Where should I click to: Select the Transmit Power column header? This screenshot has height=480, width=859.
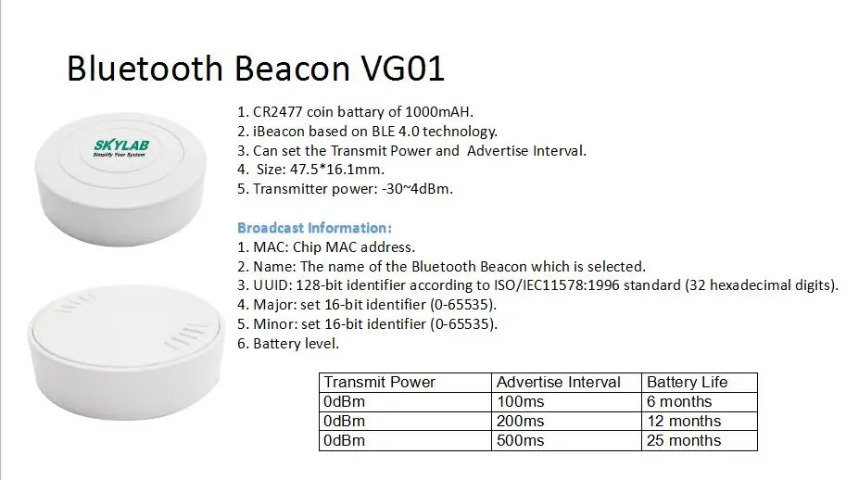pos(379,382)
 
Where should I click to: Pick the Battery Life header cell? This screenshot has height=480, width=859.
pos(687,382)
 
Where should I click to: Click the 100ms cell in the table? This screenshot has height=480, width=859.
pos(520,401)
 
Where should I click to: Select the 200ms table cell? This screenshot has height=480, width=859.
pos(520,421)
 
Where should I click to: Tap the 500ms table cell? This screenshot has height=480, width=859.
pos(520,440)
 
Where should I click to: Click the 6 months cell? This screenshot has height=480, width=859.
pos(679,401)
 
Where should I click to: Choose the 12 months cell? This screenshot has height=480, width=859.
pos(683,421)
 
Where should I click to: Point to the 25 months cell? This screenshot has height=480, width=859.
pos(683,440)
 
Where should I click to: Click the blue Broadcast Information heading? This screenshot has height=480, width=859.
pos(315,227)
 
